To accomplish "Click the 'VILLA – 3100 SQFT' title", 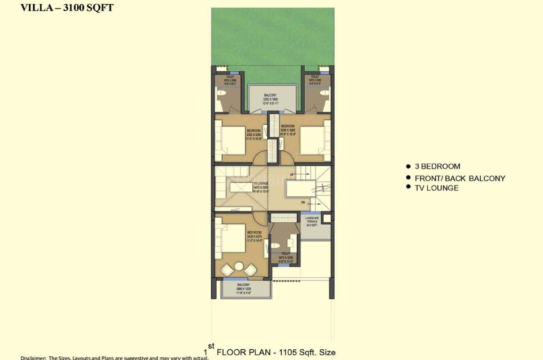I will pos(66,8).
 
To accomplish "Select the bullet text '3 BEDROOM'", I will pos(437,166).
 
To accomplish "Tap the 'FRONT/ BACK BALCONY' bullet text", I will pos(460,178).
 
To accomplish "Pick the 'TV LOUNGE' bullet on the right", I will pos(436,188).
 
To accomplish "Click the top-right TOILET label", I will pos(315,79).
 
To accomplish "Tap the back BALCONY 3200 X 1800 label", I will pos(270,98).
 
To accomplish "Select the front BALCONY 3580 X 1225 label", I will pos(243,288).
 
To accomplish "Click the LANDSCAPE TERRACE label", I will pos(312,221).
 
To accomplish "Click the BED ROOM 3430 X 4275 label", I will pos(254,236).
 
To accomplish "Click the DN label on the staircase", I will pos(303,203).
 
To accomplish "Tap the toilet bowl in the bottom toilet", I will pos(276,246).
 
